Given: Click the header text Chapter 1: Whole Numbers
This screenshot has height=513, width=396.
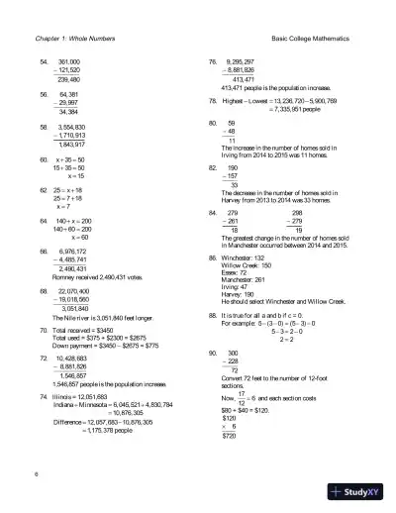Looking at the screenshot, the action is (71, 38).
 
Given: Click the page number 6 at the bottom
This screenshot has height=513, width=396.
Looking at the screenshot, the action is (37, 473).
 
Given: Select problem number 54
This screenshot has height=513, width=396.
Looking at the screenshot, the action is (44, 61).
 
